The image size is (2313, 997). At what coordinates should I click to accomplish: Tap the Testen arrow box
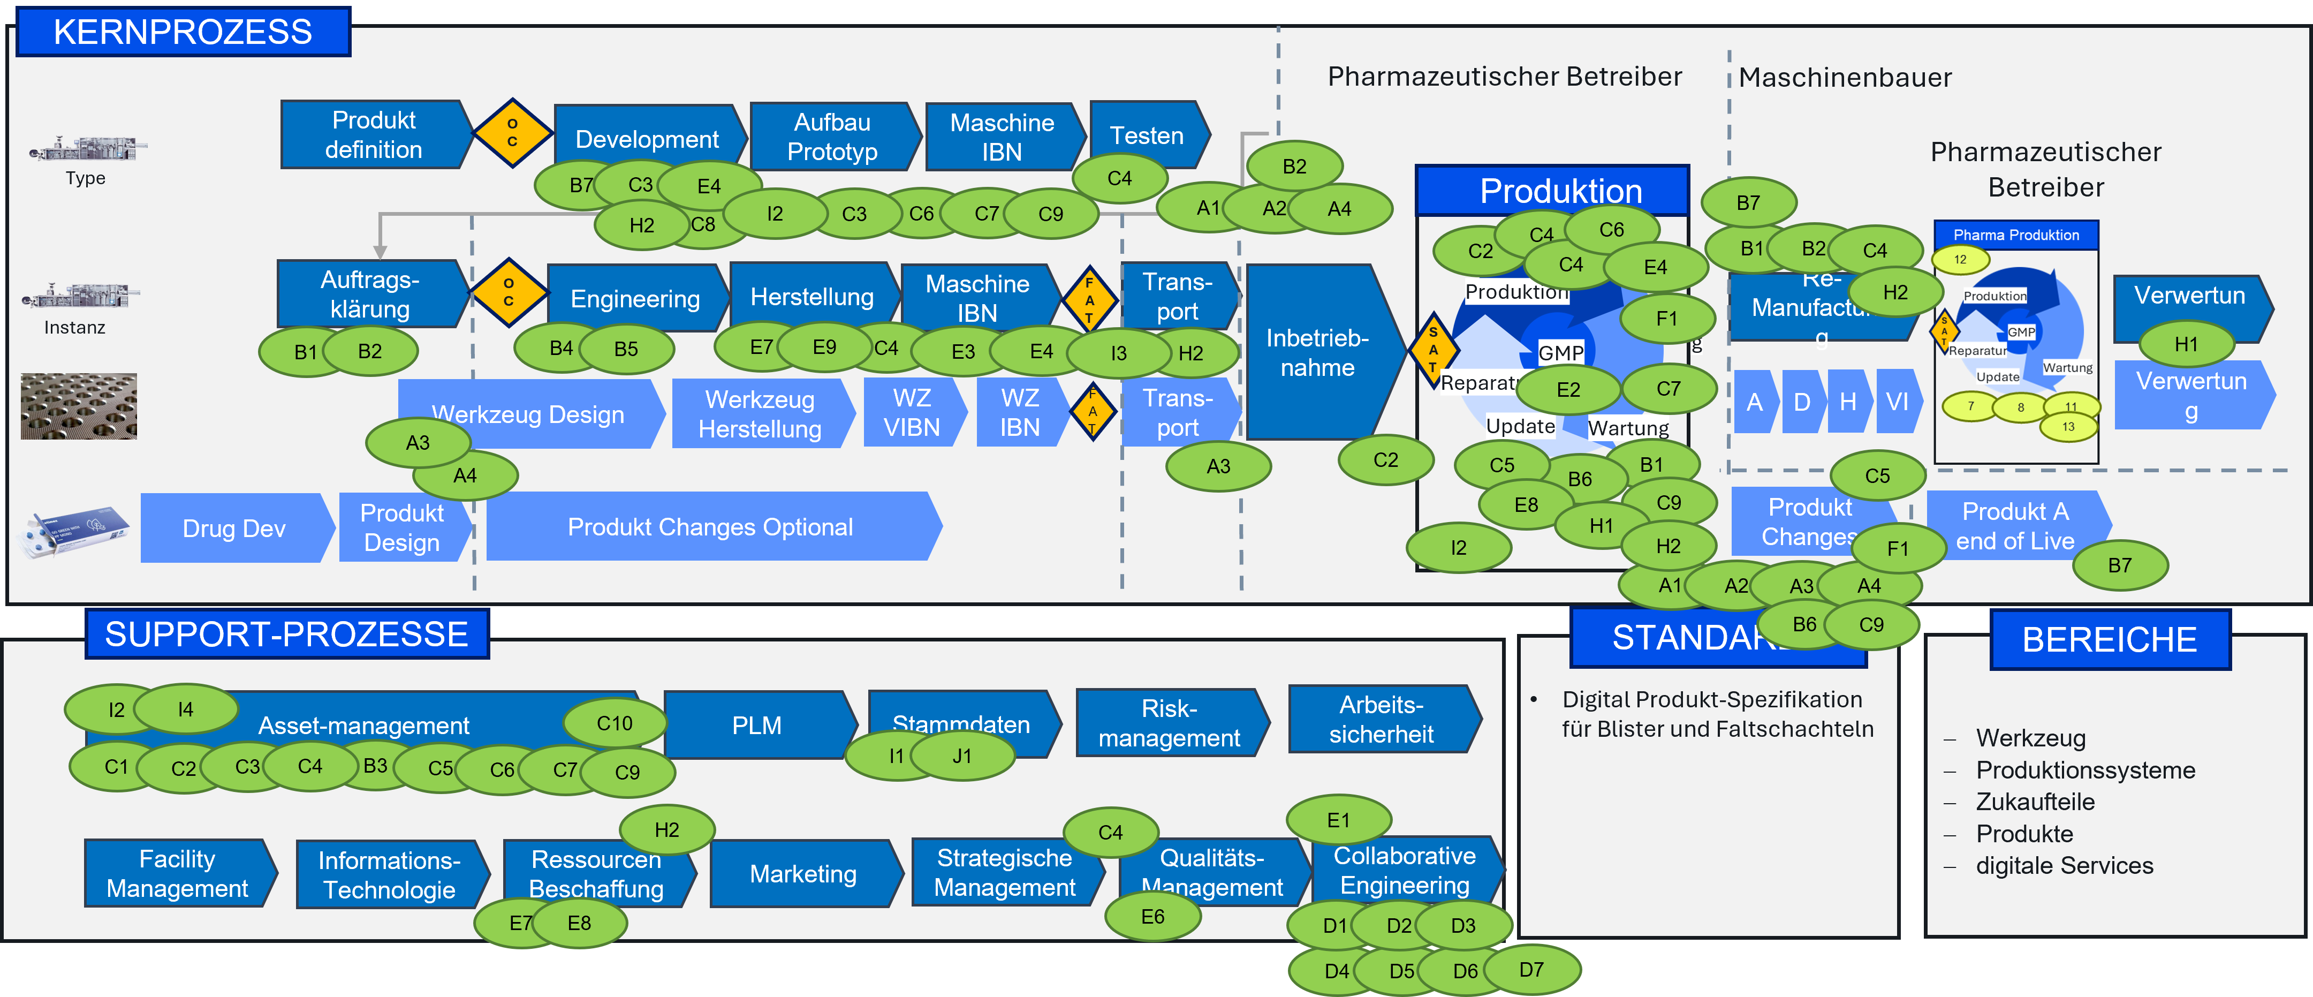coord(1147,135)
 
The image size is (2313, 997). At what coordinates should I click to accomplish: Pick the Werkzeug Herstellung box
coord(760,414)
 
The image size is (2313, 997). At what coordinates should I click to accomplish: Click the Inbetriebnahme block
coord(1317,352)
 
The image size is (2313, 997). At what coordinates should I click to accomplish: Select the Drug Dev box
coord(233,528)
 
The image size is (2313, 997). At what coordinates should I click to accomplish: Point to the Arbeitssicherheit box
coord(1381,720)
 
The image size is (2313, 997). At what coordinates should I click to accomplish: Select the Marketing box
coord(803,873)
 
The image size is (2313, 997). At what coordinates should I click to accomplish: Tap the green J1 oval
coord(962,756)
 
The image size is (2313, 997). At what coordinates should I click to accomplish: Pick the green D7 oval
coord(1531,969)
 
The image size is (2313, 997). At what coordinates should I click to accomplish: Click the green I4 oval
coord(186,709)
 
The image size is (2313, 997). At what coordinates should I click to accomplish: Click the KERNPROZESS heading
coord(183,32)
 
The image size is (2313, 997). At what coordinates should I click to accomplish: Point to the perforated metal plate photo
coord(79,406)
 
